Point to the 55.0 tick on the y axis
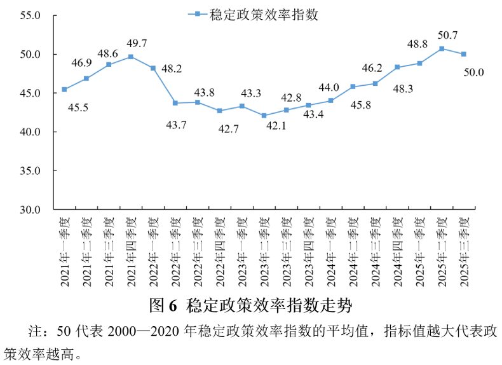click(x=31, y=15)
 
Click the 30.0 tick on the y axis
click(x=31, y=209)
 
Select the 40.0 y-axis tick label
click(x=31, y=132)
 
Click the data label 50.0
click(x=473, y=72)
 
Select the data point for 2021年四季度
click(x=131, y=57)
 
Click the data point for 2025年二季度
click(x=442, y=48)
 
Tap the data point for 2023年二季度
click(x=264, y=116)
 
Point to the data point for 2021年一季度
click(x=64, y=89)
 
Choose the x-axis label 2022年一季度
click(x=153, y=251)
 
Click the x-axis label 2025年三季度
click(x=464, y=251)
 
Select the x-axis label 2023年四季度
click(x=308, y=251)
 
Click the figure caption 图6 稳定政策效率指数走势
click(x=250, y=305)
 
